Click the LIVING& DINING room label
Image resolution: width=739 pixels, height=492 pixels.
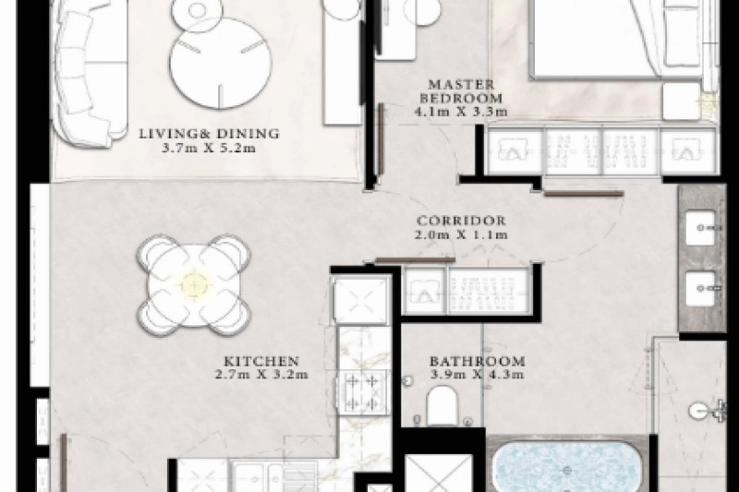coord(209,133)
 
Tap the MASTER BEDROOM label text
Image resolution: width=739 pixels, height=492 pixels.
coord(461,91)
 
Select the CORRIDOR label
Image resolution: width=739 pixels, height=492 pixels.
coord(461,221)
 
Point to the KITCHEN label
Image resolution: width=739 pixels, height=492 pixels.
coord(261,361)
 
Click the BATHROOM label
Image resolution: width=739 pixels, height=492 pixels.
coord(477,361)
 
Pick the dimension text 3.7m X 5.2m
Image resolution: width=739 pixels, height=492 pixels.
coord(209,148)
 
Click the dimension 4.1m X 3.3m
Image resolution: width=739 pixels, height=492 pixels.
coord(461,112)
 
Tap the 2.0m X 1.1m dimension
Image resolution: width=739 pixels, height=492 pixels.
coord(461,234)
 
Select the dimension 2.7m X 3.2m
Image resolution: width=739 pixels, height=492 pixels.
coord(261,375)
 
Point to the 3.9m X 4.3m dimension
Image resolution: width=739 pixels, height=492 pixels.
coord(477,375)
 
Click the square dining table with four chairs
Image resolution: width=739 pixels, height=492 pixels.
coord(194,285)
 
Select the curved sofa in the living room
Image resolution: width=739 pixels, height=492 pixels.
coord(90,76)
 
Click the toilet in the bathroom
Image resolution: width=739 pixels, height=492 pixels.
coord(442,406)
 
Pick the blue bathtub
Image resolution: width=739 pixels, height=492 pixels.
coord(566,466)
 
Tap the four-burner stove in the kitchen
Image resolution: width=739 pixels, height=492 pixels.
coord(361,391)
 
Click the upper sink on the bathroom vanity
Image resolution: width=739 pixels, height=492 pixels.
coord(700,228)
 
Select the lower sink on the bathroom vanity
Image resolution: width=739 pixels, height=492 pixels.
coord(700,288)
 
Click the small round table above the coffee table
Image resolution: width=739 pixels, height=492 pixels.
coord(196,14)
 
